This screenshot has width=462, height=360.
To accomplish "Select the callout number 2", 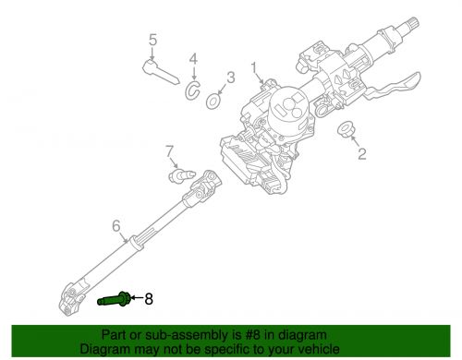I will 362,154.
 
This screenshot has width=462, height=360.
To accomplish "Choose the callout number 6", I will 116,224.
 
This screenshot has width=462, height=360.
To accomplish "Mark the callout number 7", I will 169,150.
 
